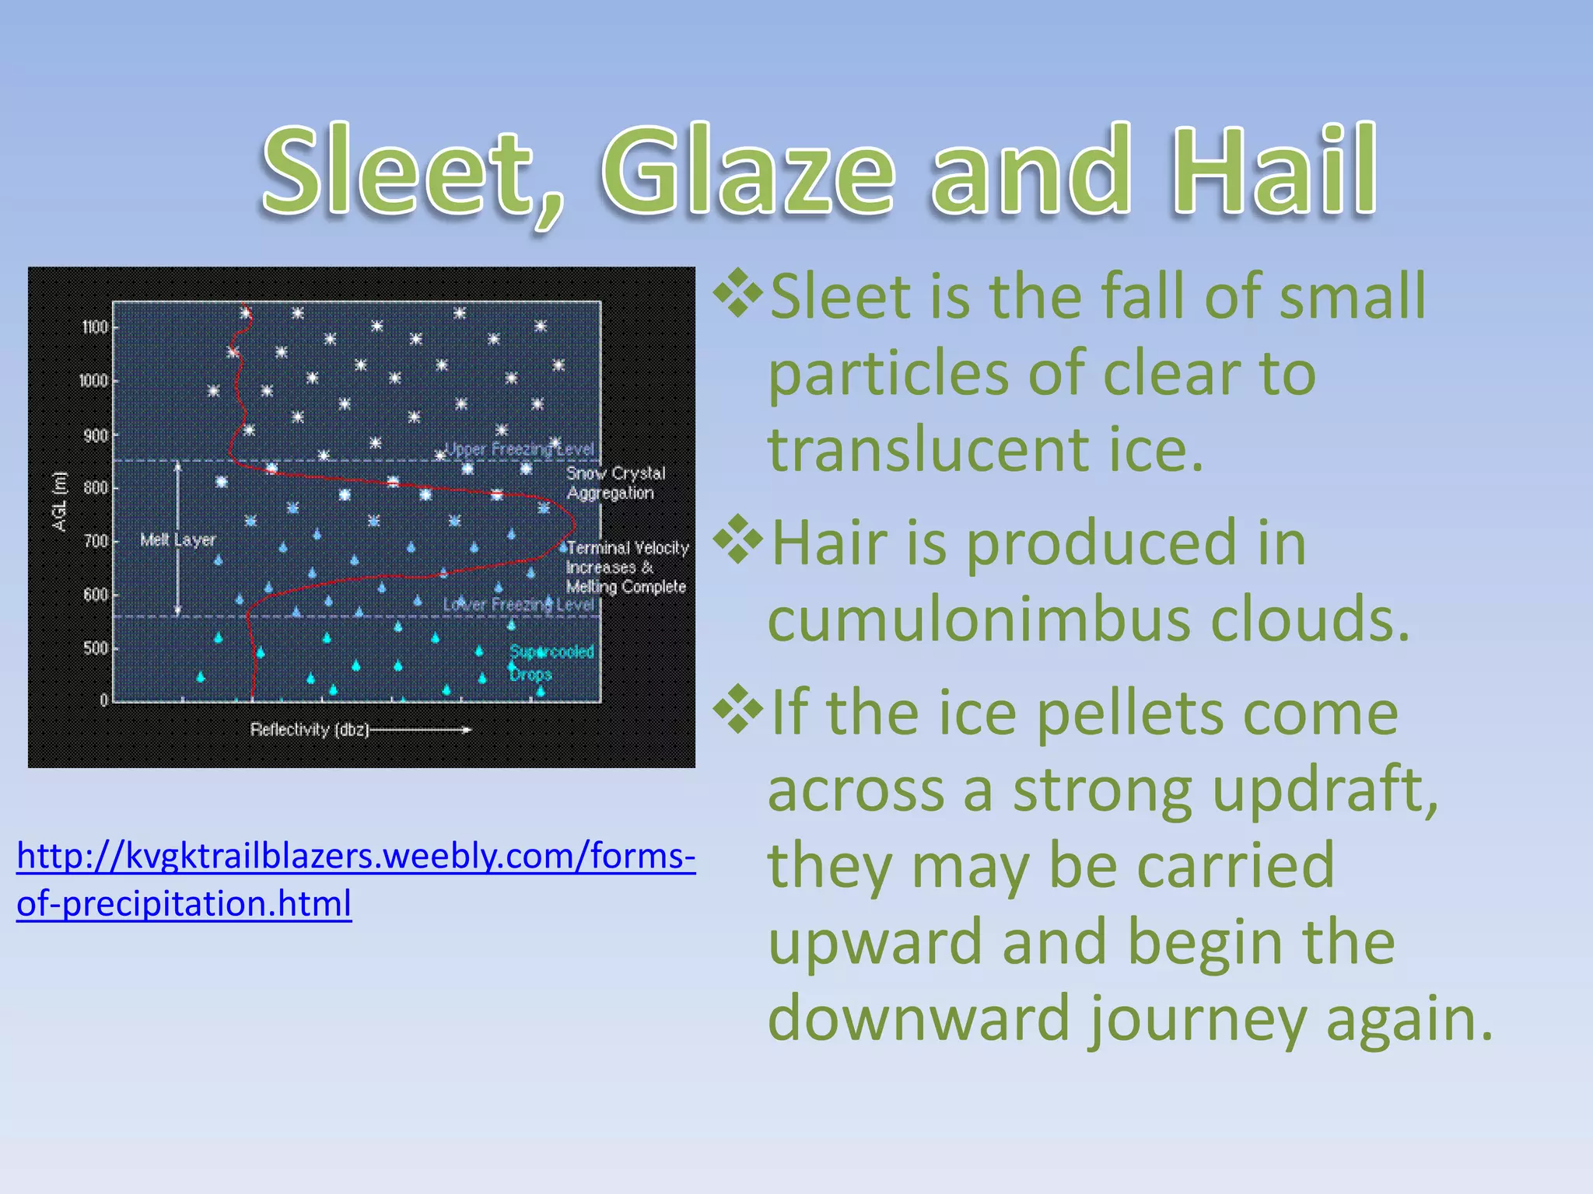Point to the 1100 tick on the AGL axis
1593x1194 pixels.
pos(95,327)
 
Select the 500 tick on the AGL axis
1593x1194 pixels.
pos(95,648)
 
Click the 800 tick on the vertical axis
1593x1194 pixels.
pos(95,488)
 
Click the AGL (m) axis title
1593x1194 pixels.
pos(60,501)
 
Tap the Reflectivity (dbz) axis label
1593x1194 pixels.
pos(309,730)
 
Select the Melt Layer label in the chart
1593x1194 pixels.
pos(177,539)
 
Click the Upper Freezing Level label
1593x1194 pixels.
pos(519,449)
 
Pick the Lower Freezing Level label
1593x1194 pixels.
pos(519,605)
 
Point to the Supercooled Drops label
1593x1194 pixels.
pos(551,662)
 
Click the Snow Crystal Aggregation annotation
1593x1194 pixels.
pos(615,483)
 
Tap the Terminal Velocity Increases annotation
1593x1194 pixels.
pos(627,567)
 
